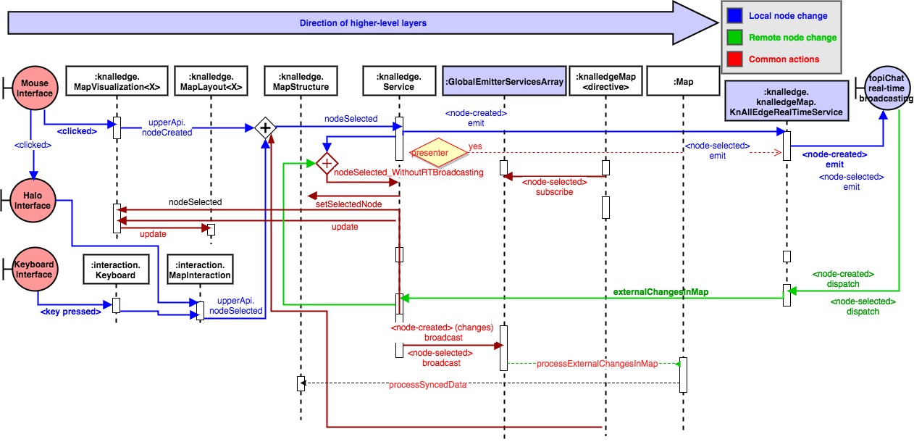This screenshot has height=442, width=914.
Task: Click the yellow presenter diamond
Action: pos(437,153)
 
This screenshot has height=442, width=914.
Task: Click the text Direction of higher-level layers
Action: pos(363,23)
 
